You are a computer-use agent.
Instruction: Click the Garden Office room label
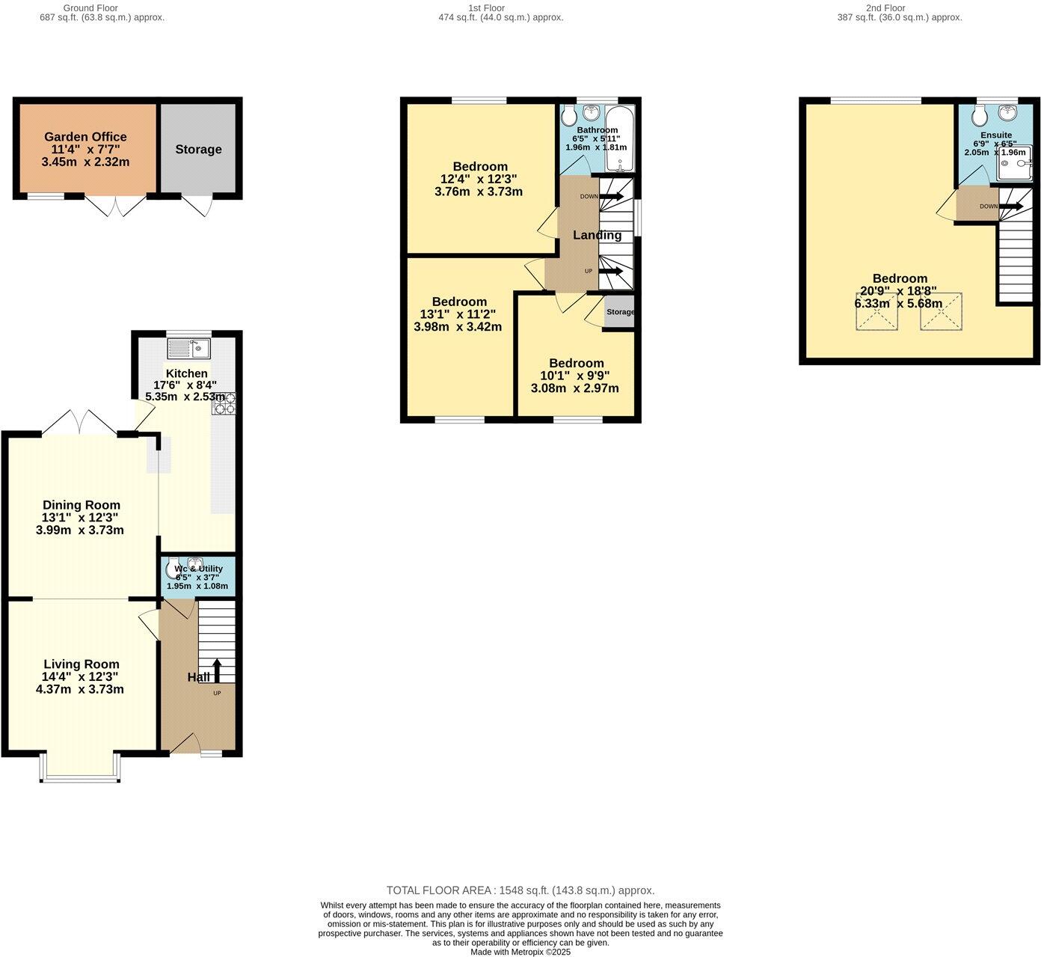click(85, 137)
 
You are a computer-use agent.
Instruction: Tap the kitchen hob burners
click(224, 403)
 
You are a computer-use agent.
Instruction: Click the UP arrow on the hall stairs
click(218, 670)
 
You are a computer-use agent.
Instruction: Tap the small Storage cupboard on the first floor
click(619, 312)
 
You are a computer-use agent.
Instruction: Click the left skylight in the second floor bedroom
click(876, 312)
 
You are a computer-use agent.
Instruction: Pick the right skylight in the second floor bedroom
click(941, 312)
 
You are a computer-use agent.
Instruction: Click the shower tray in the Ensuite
click(1013, 165)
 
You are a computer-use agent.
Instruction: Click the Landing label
click(597, 235)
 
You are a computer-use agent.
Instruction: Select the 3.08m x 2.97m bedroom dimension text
click(575, 388)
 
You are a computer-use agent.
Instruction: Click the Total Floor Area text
click(520, 890)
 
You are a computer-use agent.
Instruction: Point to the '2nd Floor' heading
click(885, 8)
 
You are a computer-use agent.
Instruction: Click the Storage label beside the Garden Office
click(198, 150)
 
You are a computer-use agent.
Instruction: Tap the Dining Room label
click(81, 505)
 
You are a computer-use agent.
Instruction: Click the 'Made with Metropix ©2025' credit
click(520, 952)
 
